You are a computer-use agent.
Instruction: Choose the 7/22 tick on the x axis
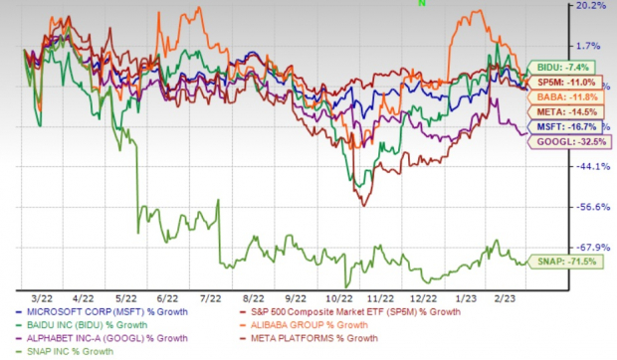point(210,297)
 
